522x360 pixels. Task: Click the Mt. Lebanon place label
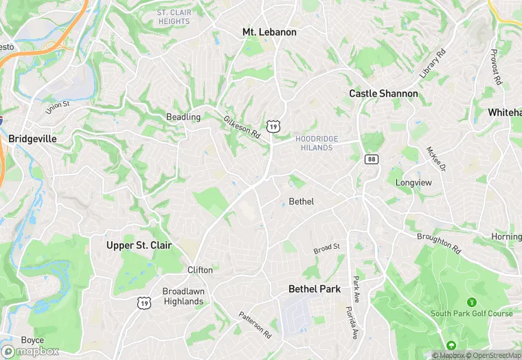[269, 32]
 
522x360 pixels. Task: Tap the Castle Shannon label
[383, 93]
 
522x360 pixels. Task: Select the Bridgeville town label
[32, 138]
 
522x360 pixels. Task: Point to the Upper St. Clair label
[139, 245]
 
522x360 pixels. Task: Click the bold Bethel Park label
[315, 289]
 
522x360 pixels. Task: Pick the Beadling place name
[183, 117]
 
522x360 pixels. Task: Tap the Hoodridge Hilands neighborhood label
[317, 143]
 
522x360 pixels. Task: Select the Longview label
[413, 183]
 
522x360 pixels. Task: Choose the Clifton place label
[200, 270]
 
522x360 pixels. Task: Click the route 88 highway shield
[372, 159]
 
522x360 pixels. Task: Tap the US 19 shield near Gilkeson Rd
[274, 126]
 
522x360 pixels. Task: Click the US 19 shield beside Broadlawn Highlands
[144, 302]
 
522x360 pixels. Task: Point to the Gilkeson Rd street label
[242, 128]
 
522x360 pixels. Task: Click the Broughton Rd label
[438, 242]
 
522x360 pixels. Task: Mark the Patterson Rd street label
[255, 324]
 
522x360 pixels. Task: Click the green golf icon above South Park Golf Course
[471, 302]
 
